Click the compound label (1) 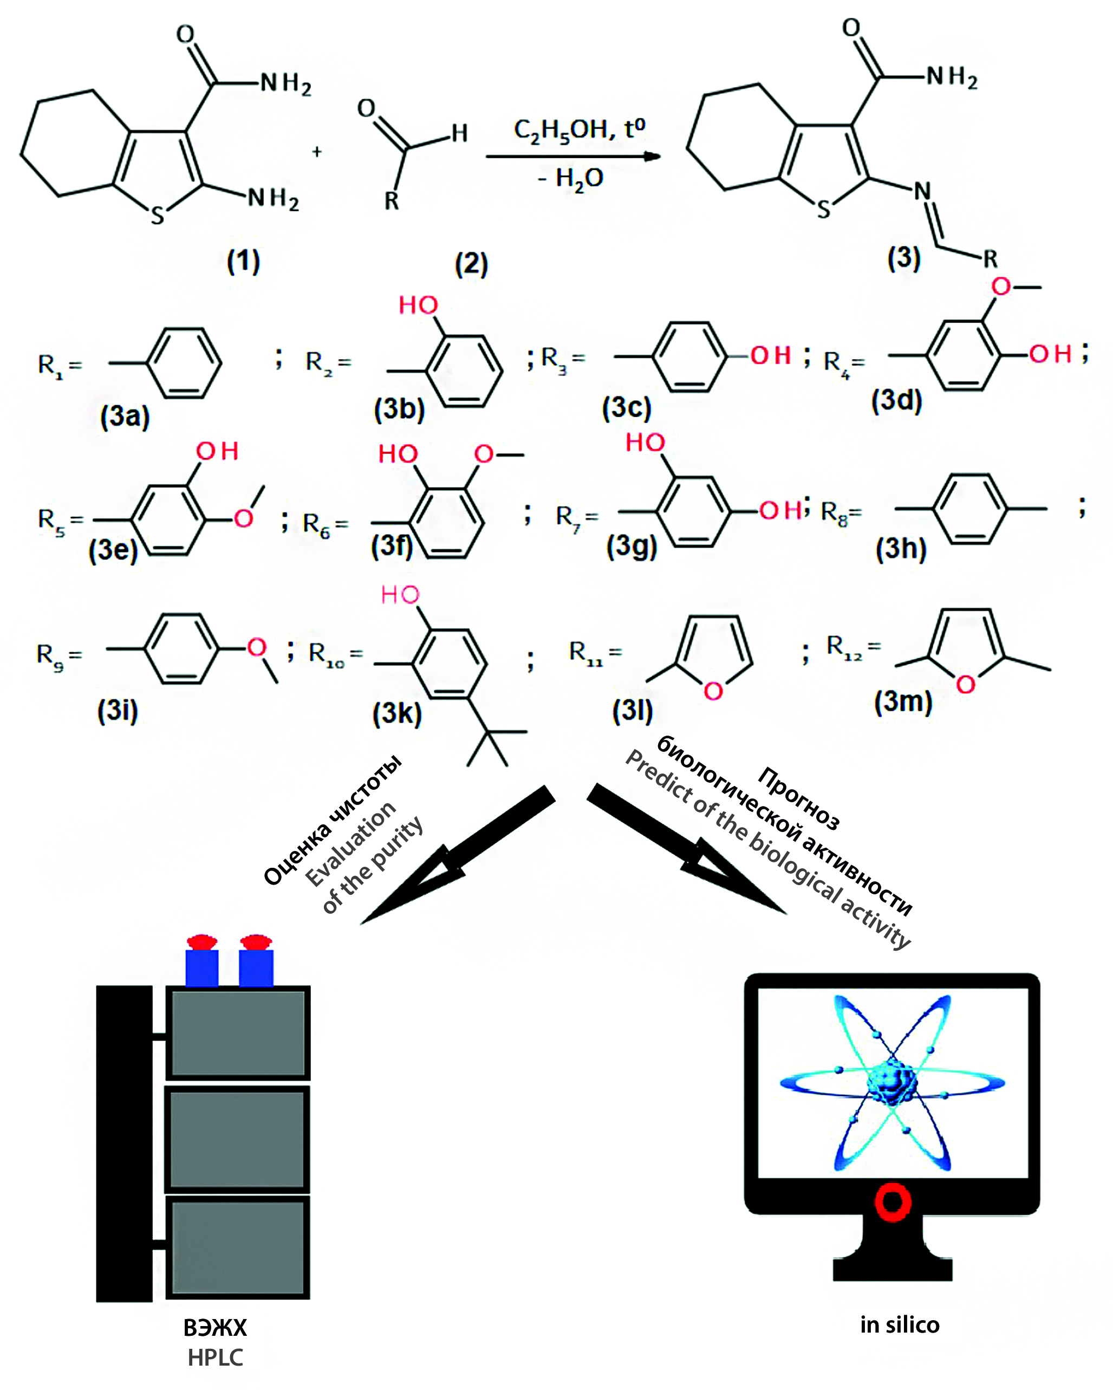tap(244, 261)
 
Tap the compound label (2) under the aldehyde tap(471, 264)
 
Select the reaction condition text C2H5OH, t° tap(579, 129)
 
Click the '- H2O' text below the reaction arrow tap(571, 178)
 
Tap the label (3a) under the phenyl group tap(125, 416)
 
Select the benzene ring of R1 tap(184, 363)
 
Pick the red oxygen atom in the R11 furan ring tap(713, 691)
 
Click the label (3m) tap(903, 701)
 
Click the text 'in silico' tap(900, 1324)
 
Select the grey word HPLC tap(215, 1357)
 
